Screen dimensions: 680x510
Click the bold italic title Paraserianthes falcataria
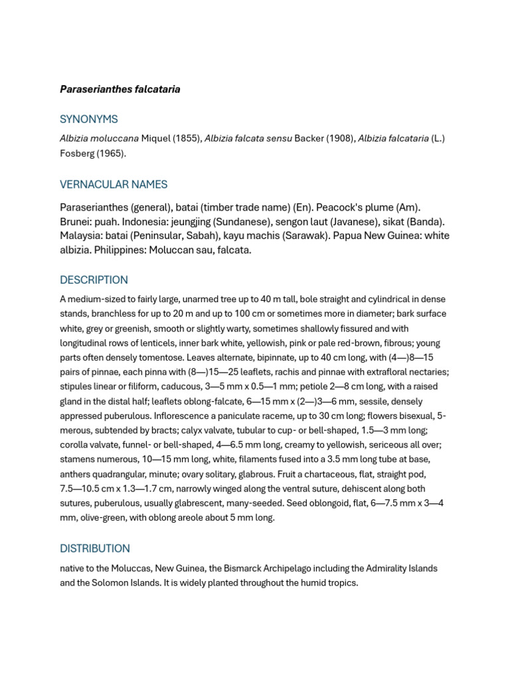click(x=120, y=89)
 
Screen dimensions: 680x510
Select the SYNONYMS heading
click(x=89, y=120)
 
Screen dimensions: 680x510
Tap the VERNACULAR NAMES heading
click(x=114, y=185)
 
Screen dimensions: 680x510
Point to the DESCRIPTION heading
click(x=94, y=280)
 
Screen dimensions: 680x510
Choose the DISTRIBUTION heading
click(x=95, y=549)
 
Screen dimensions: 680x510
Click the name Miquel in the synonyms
click(x=156, y=139)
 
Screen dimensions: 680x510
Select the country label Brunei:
click(x=75, y=222)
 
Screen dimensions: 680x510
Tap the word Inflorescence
click(x=183, y=416)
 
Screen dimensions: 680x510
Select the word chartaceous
click(x=326, y=474)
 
